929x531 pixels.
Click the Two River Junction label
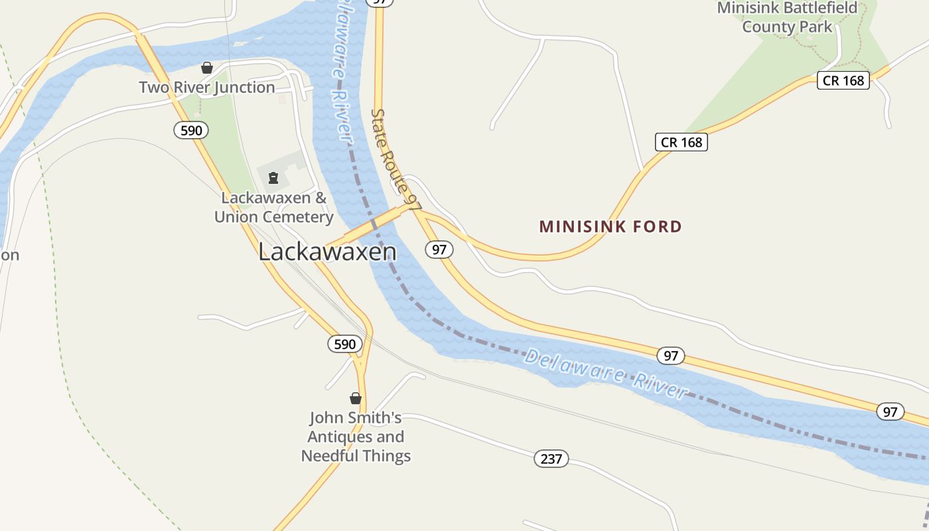(207, 88)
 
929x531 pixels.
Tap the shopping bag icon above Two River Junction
(207, 68)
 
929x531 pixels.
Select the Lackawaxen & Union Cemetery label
(273, 207)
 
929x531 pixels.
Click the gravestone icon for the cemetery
(273, 178)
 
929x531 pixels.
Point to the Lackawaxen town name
(327, 252)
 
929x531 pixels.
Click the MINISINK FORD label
(610, 227)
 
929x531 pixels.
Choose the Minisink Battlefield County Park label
(787, 17)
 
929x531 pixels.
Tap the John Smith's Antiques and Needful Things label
(356, 437)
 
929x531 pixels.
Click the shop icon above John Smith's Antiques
(356, 398)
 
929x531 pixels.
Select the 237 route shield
(551, 459)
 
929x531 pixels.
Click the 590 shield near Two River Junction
(191, 130)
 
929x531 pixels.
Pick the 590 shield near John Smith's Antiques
(345, 344)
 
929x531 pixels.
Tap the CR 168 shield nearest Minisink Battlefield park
(843, 80)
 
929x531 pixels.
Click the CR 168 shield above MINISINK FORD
(681, 142)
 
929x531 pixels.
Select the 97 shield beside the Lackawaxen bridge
(439, 250)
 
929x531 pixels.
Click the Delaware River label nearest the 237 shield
(605, 374)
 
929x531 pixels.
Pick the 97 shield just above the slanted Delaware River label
(671, 356)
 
